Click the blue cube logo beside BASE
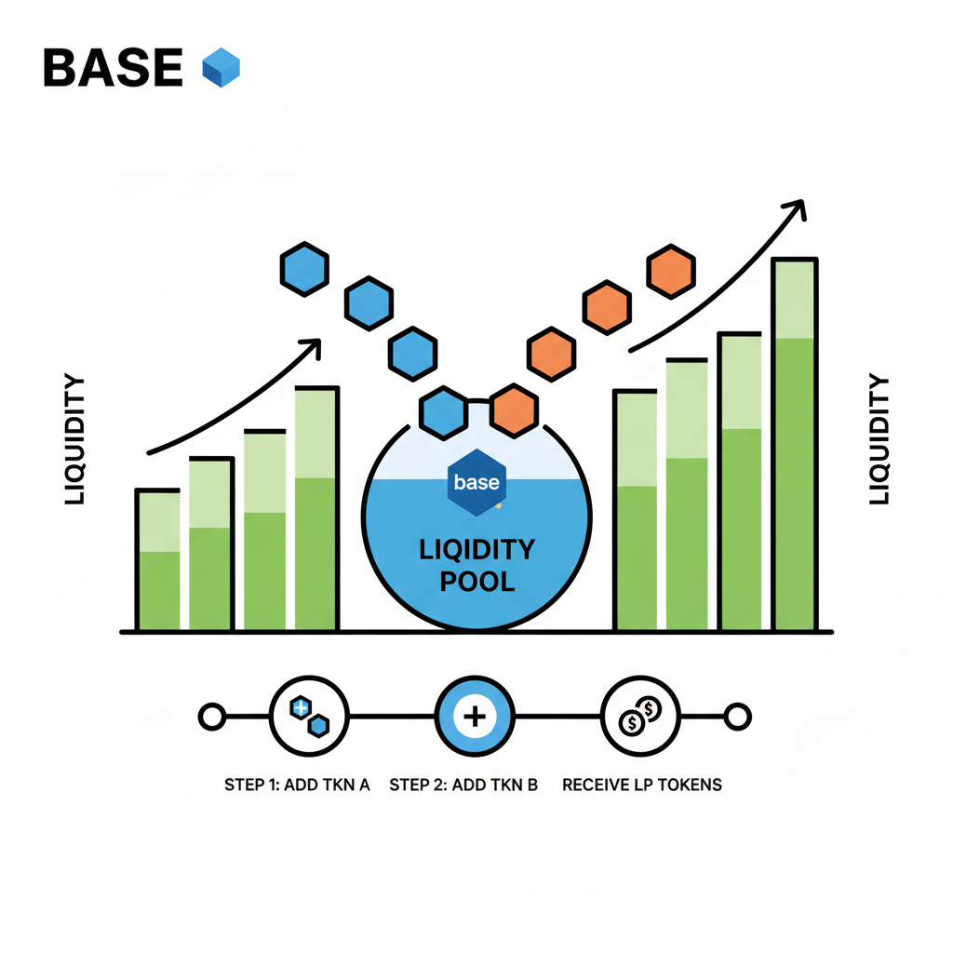(221, 68)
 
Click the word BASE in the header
(113, 68)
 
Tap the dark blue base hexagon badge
(476, 482)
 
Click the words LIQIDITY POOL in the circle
(476, 565)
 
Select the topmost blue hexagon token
(304, 269)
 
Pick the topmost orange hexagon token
(671, 272)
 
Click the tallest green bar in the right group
(795, 445)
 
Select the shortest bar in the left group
(158, 559)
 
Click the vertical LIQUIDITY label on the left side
(74, 439)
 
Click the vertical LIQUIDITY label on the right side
(879, 439)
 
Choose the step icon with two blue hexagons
(310, 717)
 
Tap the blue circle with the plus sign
(475, 717)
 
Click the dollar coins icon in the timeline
(640, 717)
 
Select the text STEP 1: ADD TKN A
(297, 785)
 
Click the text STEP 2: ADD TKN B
(463, 785)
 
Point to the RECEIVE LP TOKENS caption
(642, 785)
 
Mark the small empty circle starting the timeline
(212, 717)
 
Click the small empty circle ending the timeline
(737, 717)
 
